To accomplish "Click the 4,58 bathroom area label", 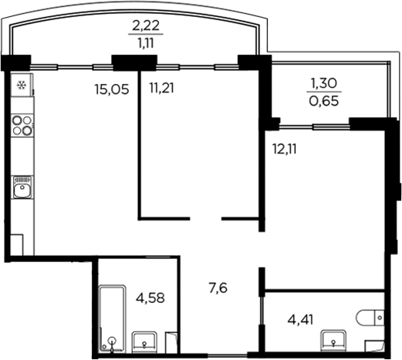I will coord(150,297).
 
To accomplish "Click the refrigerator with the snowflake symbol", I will coord(22,85).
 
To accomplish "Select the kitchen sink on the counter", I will coord(22,187).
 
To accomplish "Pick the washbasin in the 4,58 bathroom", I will coord(144,341).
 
